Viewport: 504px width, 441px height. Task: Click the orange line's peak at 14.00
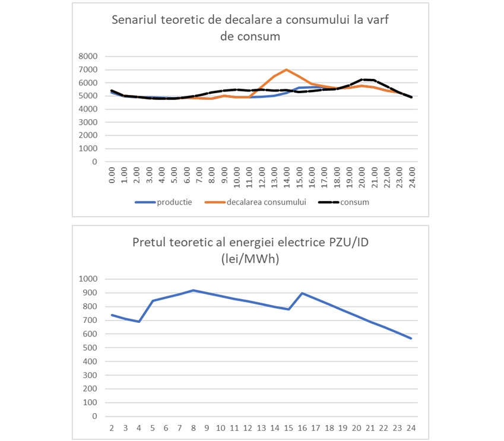(286, 69)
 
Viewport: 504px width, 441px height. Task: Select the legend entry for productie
(163, 202)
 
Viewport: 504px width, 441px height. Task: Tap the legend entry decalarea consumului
(255, 202)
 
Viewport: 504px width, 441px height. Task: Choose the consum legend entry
(344, 202)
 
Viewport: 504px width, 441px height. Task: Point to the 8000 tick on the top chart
(88, 56)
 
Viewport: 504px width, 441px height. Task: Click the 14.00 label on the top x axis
(287, 177)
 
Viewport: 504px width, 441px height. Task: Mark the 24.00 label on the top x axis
(412, 177)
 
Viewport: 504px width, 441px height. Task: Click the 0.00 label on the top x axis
(112, 175)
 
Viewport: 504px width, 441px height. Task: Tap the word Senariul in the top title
(134, 20)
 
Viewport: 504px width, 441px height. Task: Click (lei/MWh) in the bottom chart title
(250, 259)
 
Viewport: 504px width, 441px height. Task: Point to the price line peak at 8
(193, 290)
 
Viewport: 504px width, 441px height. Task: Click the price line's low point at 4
(139, 322)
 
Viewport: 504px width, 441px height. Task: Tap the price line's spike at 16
(302, 293)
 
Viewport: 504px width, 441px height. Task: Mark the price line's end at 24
(411, 338)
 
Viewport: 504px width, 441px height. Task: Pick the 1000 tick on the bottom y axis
(88, 279)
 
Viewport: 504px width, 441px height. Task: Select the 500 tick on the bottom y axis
(90, 348)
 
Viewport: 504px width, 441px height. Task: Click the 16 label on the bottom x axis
(302, 428)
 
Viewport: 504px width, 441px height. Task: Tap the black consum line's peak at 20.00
(362, 80)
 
